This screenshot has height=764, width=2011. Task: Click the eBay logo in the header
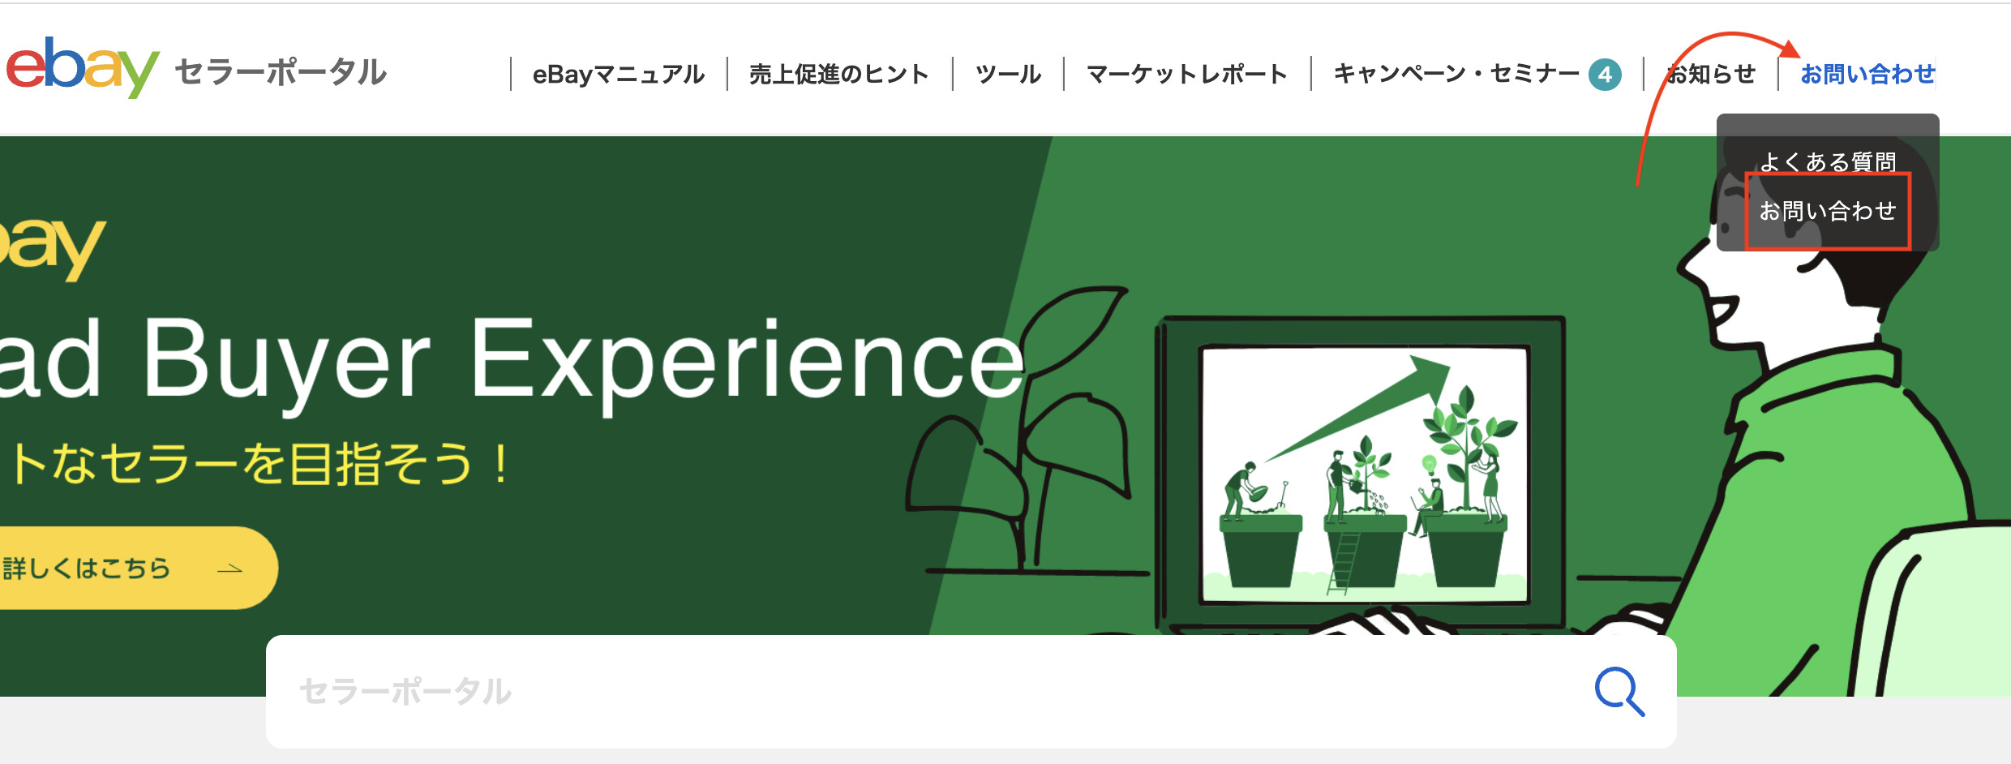tap(81, 68)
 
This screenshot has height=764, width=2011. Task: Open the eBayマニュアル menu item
tap(618, 75)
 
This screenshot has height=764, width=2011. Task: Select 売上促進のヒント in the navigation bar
tap(838, 75)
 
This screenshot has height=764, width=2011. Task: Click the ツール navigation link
tap(1008, 75)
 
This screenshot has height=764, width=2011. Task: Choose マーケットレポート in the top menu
tap(1186, 75)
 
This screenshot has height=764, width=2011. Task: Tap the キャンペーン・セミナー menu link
tap(1456, 74)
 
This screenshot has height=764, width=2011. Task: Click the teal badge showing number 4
tap(1605, 75)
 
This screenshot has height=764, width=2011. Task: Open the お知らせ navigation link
tap(1711, 75)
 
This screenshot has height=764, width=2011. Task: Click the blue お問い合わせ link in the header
tap(1867, 75)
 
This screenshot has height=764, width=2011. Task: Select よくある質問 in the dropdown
tap(1828, 161)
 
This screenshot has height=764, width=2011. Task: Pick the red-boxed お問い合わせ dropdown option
tap(1828, 211)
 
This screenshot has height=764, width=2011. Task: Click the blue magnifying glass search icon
tap(1619, 691)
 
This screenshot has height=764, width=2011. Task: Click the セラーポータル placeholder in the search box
tap(405, 692)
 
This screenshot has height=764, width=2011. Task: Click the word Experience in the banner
tap(746, 361)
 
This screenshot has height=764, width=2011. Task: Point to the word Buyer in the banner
tap(285, 361)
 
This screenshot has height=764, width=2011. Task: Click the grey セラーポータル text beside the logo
tap(281, 72)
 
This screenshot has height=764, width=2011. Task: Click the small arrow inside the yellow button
tap(230, 569)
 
